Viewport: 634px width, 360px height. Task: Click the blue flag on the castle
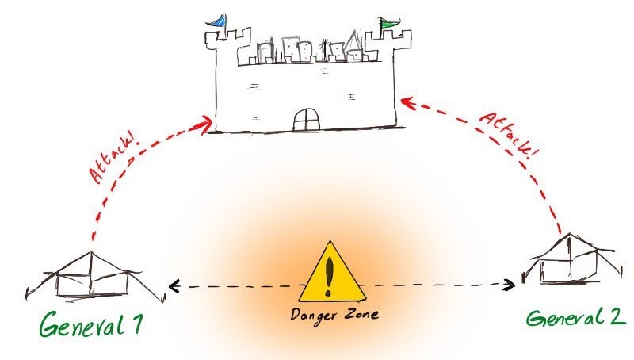tap(216, 20)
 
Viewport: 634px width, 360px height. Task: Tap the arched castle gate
tap(304, 120)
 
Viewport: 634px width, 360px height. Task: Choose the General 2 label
tap(577, 319)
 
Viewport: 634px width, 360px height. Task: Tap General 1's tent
tap(91, 274)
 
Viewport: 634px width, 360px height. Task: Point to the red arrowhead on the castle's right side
tap(405, 102)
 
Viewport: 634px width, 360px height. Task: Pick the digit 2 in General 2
tap(617, 319)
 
